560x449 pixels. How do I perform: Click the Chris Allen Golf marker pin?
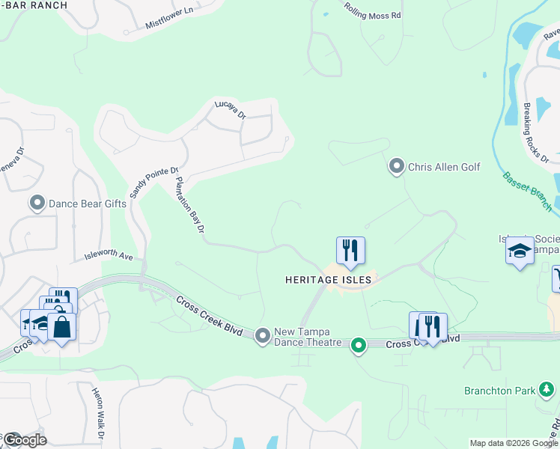coord(397,166)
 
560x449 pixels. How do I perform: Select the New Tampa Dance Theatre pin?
coord(262,337)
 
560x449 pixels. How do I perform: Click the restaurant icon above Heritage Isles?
coord(350,251)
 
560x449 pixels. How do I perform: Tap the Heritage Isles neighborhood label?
coord(328,280)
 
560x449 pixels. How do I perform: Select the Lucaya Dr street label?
coord(231,110)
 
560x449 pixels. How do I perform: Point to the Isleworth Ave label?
coord(109,257)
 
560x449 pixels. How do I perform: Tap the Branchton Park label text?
coord(499,391)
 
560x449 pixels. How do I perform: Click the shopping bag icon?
coord(61,327)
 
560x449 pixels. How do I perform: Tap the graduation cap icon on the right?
coord(520,251)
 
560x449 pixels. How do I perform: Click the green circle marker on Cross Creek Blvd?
coord(359,345)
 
